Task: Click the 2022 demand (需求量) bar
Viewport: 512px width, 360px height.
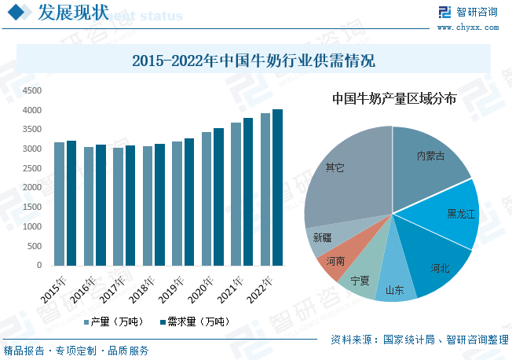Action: point(277,189)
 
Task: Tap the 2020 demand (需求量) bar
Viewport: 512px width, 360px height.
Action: point(218,197)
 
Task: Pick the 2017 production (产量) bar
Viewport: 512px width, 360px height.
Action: point(118,207)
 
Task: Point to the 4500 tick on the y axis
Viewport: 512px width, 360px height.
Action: point(32,90)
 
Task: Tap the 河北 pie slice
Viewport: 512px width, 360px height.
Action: point(437,263)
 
